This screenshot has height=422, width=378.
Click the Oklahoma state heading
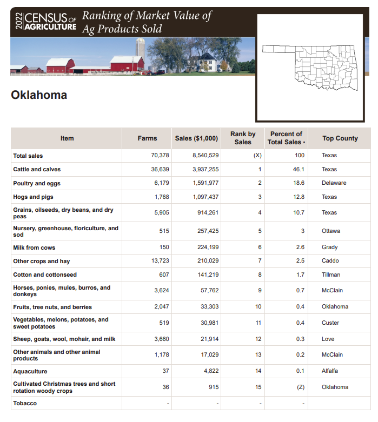click(x=39, y=96)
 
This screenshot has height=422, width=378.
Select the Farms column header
click(x=147, y=138)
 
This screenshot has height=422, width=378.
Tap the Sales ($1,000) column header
click(x=196, y=138)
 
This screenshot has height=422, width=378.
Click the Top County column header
click(x=340, y=138)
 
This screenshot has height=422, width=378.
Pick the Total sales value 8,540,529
click(x=205, y=156)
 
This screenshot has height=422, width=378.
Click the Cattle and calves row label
click(x=37, y=169)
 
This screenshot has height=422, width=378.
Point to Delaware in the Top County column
click(x=334, y=183)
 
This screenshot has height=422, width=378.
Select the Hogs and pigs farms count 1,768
click(x=162, y=197)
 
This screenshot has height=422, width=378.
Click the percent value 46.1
click(x=299, y=169)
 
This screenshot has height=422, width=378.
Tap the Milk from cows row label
click(x=34, y=247)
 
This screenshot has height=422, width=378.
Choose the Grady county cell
click(x=329, y=247)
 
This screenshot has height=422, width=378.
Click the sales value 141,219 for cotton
click(x=208, y=274)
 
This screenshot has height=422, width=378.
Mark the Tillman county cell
click(x=331, y=274)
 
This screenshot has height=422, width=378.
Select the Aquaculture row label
click(x=30, y=371)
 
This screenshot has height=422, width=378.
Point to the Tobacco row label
click(x=25, y=403)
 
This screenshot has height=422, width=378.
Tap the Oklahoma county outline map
click(x=310, y=68)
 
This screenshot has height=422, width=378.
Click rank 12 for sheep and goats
click(x=258, y=339)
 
